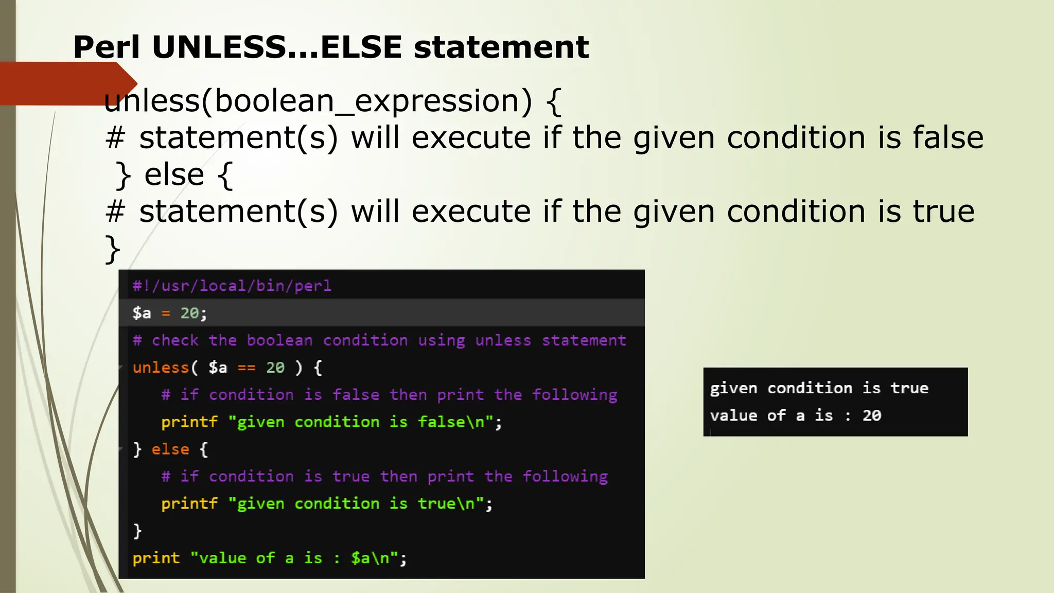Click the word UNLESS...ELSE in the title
tap(276, 47)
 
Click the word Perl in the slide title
tap(107, 47)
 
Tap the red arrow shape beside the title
tap(67, 83)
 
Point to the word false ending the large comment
tap(948, 137)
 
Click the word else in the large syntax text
tap(174, 175)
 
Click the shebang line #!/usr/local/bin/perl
tap(232, 286)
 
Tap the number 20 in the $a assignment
tap(189, 313)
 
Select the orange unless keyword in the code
tap(161, 368)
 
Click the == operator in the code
tap(246, 368)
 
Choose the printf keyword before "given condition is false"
tap(189, 422)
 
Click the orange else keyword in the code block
tap(170, 449)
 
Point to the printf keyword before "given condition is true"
tap(189, 503)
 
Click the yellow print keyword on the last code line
tap(156, 558)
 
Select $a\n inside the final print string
tap(370, 558)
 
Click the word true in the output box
tap(909, 388)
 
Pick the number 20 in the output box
tap(872, 415)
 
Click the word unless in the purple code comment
tap(503, 340)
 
